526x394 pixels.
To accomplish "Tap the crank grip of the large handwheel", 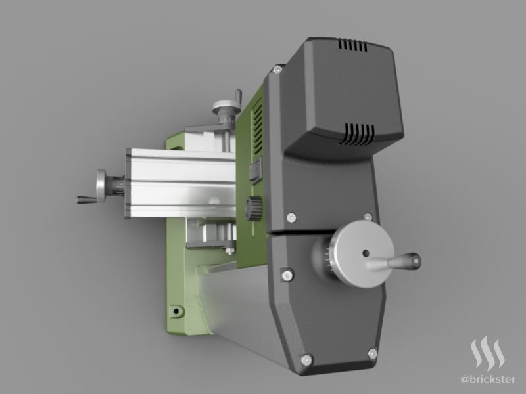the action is coord(404,261).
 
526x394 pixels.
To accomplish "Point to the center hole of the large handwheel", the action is coord(366,253).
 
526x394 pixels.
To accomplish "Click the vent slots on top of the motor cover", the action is coord(352,45).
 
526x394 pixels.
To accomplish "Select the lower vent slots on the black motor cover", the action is coord(357,135).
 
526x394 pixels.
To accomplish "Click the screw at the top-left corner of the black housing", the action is coord(277,70).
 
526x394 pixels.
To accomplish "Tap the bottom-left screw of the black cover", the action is coord(306,360).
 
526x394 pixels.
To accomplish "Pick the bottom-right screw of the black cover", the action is coord(373,353).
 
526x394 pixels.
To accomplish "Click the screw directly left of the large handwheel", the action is coord(287,275).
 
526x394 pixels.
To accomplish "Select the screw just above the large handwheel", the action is coord(368,217).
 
